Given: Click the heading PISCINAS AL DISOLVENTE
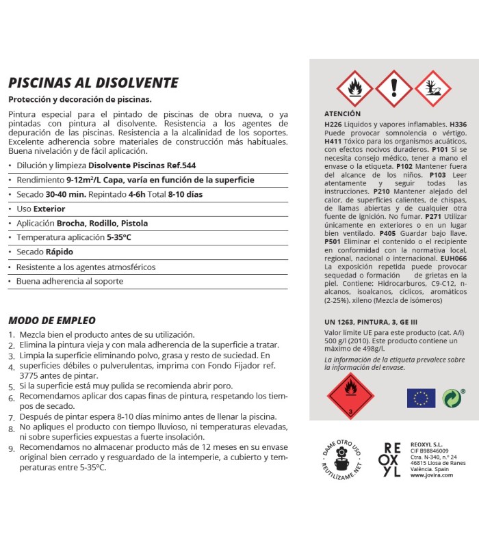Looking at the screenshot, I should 93,83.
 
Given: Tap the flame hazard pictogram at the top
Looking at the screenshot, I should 354,88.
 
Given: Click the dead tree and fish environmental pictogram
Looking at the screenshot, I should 433,88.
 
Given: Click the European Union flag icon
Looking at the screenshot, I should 421,398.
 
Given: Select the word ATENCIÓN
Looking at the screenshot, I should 343,114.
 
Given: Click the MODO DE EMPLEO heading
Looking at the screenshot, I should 52,320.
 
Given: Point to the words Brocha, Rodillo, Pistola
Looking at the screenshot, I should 102,223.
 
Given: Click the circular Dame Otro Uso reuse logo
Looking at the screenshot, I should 339,456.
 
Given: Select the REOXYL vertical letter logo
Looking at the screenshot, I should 392,459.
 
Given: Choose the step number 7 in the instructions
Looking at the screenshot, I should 12,416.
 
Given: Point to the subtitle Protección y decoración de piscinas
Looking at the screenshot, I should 79,100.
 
